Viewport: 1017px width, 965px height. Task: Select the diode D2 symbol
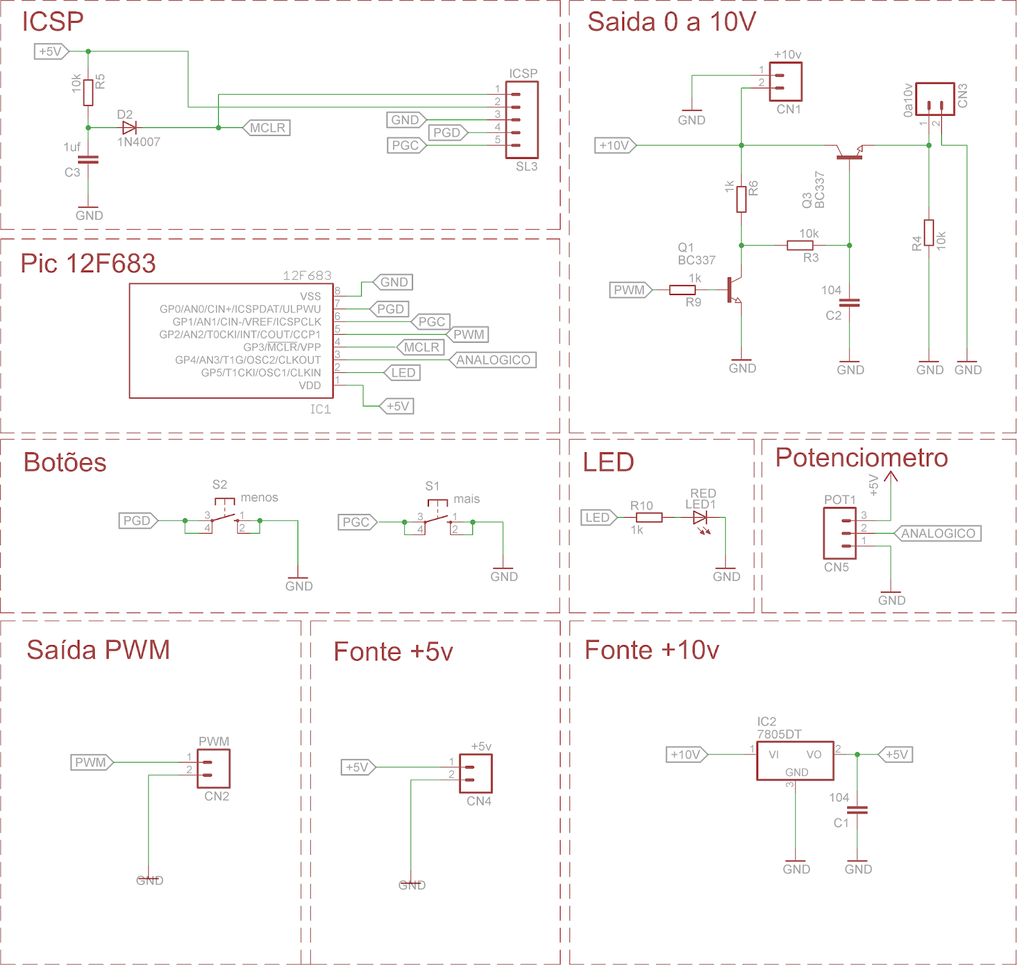pos(130,128)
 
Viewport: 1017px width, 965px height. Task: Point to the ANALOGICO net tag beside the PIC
pos(493,360)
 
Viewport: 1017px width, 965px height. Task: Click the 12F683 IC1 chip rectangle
pos(231,341)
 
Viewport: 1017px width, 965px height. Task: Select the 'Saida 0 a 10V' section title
pos(671,22)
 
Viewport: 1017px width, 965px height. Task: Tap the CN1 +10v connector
pos(786,81)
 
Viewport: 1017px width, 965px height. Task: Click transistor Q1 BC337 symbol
pos(734,290)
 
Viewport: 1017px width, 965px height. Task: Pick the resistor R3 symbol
pos(800,246)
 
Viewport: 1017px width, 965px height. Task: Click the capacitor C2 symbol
pos(849,303)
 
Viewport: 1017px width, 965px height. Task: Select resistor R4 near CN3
pos(929,233)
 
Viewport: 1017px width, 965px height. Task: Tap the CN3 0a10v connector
pos(934,99)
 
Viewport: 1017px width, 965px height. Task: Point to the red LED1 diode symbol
pos(700,518)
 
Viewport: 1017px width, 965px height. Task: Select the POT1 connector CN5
pos(839,533)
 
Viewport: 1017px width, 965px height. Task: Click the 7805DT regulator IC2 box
pos(795,760)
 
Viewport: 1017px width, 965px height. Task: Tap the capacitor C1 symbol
pos(857,810)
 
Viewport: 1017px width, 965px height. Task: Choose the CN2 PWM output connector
pos(213,768)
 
